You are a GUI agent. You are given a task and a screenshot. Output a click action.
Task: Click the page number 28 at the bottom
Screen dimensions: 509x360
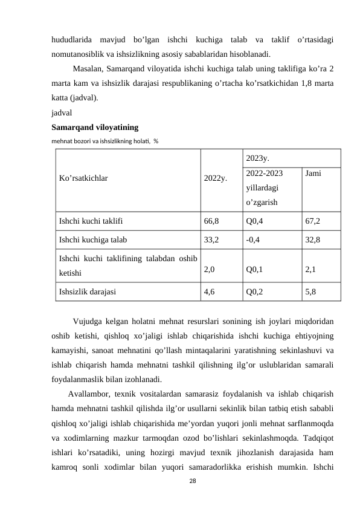(x=193, y=481)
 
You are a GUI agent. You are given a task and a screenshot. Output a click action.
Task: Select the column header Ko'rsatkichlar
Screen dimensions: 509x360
(x=83, y=179)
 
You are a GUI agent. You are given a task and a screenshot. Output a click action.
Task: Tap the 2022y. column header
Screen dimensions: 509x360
(x=216, y=179)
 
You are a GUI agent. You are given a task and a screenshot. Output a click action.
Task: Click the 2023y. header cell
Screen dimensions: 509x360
(x=258, y=158)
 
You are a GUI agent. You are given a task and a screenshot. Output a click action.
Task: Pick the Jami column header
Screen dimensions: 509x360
(x=313, y=173)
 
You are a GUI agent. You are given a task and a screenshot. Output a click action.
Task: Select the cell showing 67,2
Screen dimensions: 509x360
(x=313, y=222)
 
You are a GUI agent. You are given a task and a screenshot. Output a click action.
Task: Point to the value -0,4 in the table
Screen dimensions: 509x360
(x=253, y=239)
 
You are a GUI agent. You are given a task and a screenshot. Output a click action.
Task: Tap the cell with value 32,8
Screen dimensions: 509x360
(x=313, y=239)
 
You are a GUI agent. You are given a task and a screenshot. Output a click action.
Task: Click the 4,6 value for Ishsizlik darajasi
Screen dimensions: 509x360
(x=210, y=290)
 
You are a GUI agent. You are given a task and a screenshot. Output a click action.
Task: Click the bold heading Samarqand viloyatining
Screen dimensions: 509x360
(x=95, y=128)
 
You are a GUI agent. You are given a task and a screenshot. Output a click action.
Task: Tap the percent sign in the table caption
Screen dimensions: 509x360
(x=156, y=141)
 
